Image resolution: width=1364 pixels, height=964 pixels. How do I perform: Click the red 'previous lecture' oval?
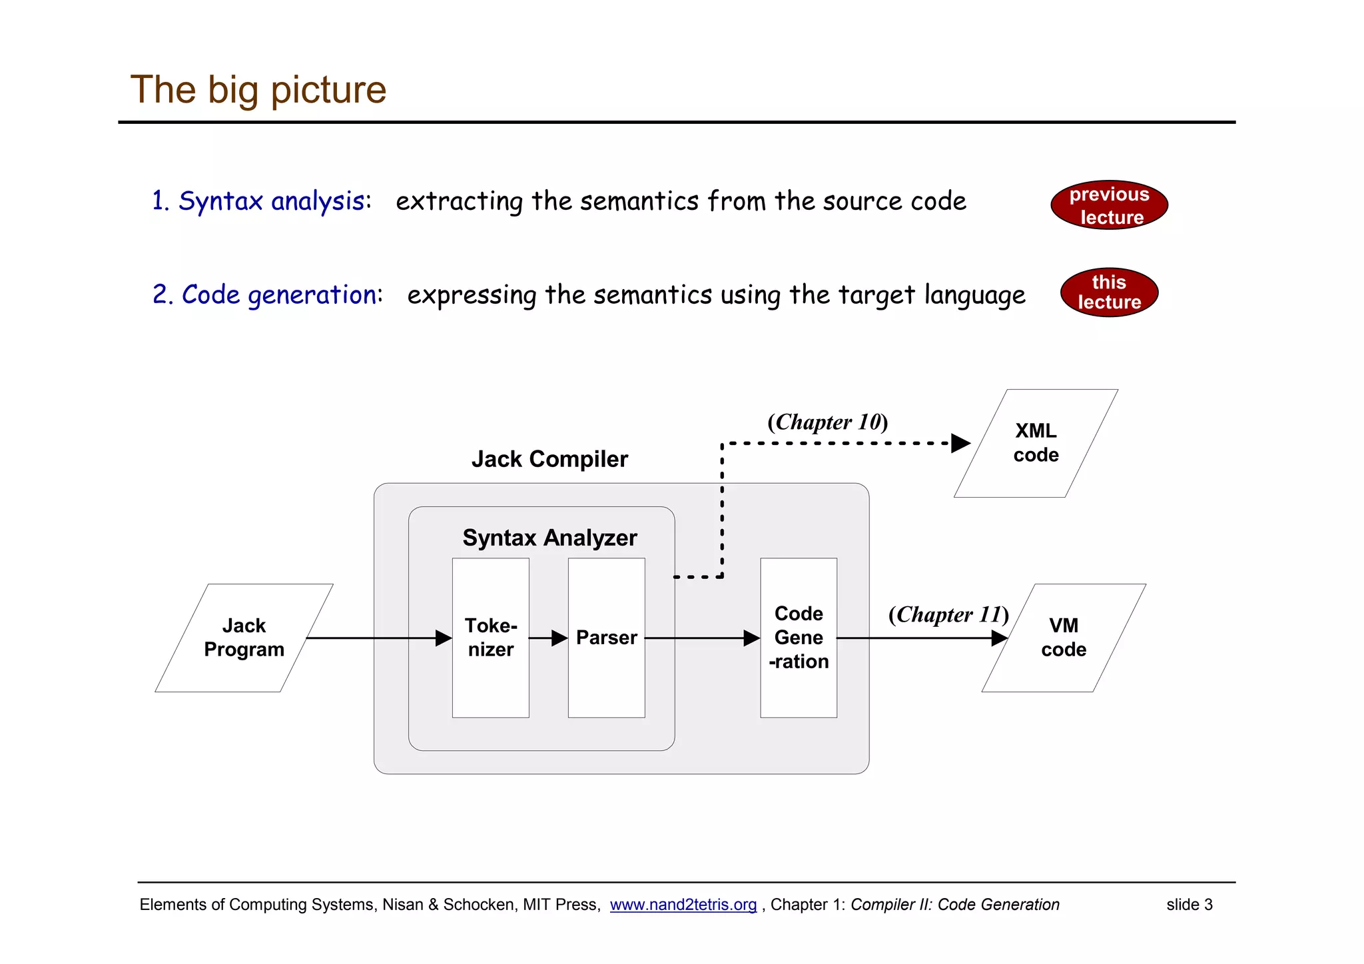click(x=1109, y=205)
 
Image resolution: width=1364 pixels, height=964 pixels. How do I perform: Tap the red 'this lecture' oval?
click(x=1109, y=292)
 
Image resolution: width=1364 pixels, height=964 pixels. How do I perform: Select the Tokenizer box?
click(x=491, y=638)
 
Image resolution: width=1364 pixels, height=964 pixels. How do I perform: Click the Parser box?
click(x=606, y=638)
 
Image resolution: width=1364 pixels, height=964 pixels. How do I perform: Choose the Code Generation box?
click(x=799, y=638)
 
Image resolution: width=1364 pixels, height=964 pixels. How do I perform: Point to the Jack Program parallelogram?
click(x=244, y=638)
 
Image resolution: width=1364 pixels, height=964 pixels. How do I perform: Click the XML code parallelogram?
click(x=1036, y=443)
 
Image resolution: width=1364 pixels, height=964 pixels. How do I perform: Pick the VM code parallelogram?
click(x=1064, y=638)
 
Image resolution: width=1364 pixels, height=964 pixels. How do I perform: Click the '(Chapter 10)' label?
click(x=827, y=422)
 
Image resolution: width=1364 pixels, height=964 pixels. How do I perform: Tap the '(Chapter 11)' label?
click(x=948, y=614)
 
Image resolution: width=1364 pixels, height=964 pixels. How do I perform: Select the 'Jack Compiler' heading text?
click(x=549, y=459)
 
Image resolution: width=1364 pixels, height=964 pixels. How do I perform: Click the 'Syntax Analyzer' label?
click(x=549, y=538)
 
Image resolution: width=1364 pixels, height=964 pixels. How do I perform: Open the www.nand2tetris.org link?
click(x=683, y=905)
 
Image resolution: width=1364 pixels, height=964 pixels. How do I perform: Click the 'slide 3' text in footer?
click(x=1189, y=905)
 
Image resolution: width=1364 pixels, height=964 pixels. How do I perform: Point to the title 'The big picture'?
click(x=258, y=89)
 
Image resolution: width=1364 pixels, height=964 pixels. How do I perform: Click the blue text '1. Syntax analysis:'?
click(x=261, y=201)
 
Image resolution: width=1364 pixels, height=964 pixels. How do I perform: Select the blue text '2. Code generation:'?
click(x=268, y=294)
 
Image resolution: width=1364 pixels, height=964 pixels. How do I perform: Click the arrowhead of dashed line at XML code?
click(x=961, y=443)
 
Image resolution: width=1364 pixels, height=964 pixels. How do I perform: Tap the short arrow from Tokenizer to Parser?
click(x=548, y=638)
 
